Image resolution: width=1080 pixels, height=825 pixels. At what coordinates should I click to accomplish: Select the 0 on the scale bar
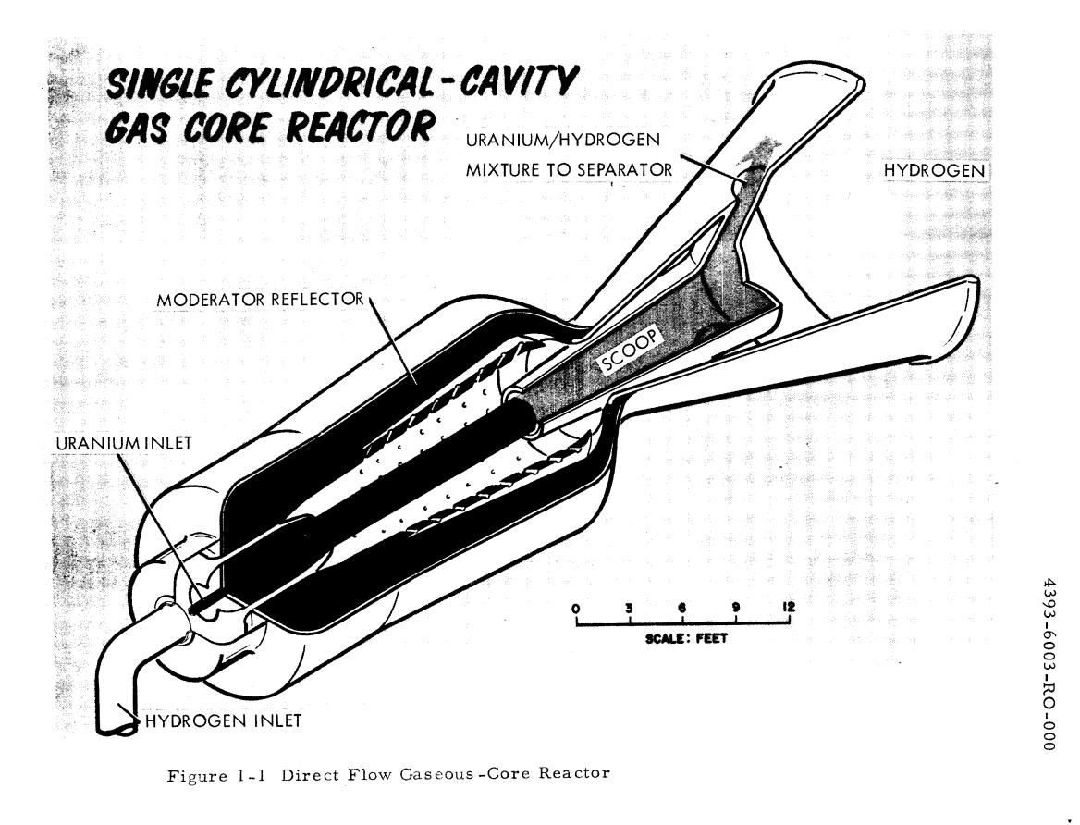tap(576, 608)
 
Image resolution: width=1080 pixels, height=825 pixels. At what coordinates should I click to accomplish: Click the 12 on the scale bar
tap(788, 608)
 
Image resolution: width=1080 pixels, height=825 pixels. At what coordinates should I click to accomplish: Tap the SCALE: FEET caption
tap(682, 639)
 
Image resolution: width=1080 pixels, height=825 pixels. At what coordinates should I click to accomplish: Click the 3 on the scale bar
tap(629, 608)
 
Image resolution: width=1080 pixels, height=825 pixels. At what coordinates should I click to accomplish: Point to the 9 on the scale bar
tap(736, 608)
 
